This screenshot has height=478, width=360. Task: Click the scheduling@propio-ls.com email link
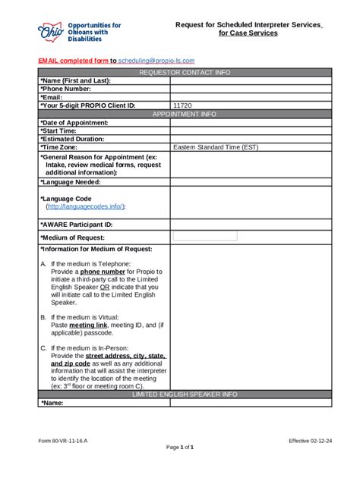(156, 60)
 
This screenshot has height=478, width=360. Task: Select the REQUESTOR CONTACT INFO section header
(185, 72)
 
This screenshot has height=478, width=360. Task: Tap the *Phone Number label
(67, 89)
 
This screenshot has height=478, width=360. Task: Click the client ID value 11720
(182, 105)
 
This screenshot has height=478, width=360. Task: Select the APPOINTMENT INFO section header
(185, 114)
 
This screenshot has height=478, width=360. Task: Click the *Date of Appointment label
(74, 122)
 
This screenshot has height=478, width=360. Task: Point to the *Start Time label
(60, 131)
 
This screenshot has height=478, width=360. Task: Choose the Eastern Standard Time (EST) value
(215, 147)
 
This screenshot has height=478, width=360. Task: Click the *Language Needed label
(71, 182)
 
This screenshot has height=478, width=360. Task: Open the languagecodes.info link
(85, 206)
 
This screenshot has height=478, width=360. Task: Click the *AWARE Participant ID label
(77, 225)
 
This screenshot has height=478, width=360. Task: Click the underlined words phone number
(99, 272)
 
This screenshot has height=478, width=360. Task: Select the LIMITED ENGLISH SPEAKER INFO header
(185, 395)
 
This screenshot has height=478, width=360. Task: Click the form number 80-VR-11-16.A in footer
(64, 440)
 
